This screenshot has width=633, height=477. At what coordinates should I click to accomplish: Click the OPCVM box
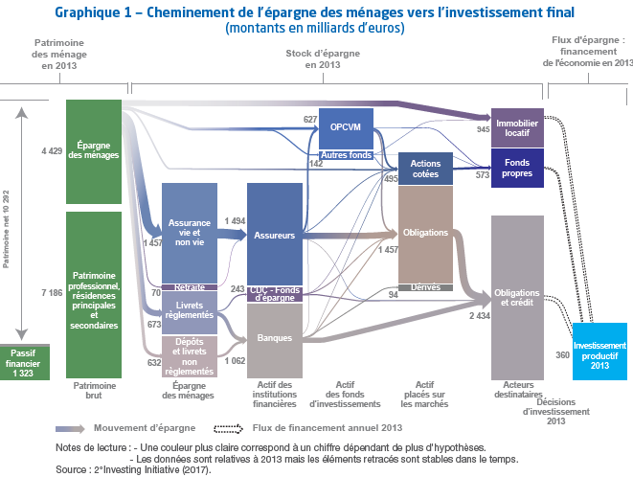[x=346, y=127]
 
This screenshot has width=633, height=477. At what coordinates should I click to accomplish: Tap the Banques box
[x=274, y=336]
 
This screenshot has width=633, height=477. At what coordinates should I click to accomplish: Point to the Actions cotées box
[x=425, y=169]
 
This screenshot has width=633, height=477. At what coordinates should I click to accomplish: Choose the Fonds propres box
[x=517, y=169]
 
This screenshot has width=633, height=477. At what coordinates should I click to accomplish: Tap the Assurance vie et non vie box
[x=190, y=232]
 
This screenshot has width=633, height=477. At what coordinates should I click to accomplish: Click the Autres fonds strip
[x=346, y=155]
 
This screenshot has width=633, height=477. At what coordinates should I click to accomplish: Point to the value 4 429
[x=52, y=151]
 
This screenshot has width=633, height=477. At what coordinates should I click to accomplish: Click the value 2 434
[x=479, y=315]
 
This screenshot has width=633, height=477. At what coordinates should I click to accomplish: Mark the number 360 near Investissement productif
[x=562, y=354]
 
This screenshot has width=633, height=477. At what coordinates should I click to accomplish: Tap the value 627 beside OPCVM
[x=310, y=119]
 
